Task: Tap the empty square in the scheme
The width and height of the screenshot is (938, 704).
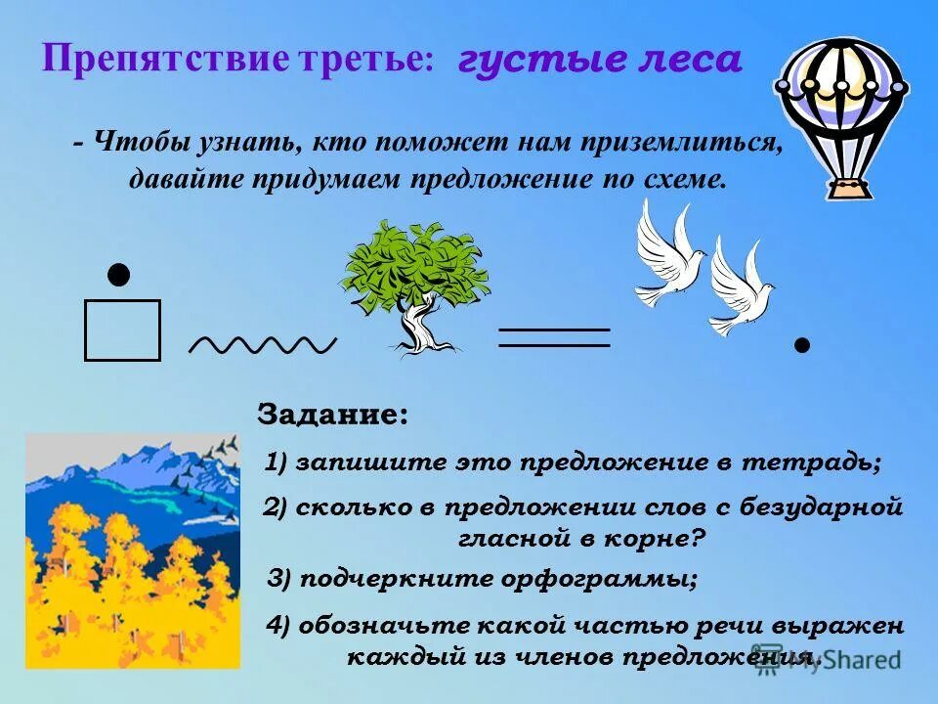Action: click(122, 330)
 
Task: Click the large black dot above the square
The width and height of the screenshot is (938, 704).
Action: click(118, 275)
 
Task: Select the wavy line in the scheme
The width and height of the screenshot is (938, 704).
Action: click(262, 344)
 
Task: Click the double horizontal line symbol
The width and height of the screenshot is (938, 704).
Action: click(554, 337)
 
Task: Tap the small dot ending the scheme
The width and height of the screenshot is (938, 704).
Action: click(802, 344)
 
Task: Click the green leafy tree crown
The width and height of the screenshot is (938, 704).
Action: click(414, 264)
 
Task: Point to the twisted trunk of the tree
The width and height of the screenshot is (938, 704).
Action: click(418, 328)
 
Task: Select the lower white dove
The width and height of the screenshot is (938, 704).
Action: click(740, 287)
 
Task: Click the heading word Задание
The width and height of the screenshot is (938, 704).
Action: click(331, 414)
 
